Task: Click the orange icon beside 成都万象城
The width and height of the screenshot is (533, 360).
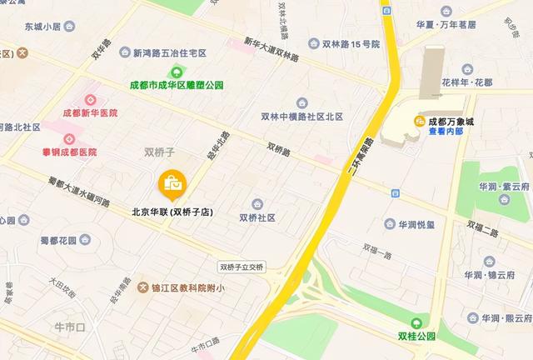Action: click(421, 121)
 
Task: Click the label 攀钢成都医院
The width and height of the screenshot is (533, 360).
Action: click(69, 152)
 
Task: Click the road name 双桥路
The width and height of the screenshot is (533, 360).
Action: click(279, 149)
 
